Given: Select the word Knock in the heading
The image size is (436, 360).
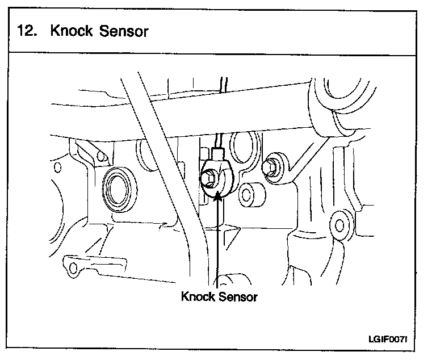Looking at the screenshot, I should click(x=72, y=31).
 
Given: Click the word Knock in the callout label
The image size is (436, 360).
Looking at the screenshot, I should click(x=198, y=296).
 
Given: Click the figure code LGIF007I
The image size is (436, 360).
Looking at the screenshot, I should click(x=388, y=340).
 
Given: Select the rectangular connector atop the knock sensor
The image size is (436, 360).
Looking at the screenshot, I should click(x=218, y=154).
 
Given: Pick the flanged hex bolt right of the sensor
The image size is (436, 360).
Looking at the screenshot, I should click(x=271, y=166).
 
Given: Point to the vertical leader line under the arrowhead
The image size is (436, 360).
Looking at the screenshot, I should click(x=218, y=244).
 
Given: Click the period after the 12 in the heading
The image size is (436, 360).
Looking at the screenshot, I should click(x=36, y=34).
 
